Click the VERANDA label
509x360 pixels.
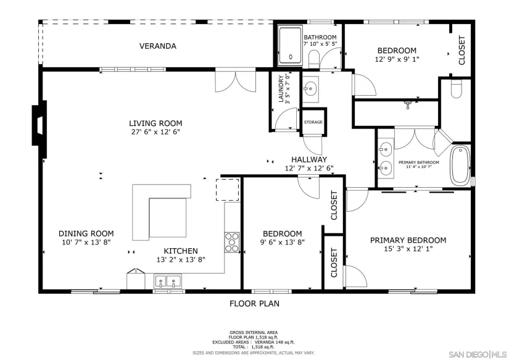coord(158,46)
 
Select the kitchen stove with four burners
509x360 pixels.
coord(232,242)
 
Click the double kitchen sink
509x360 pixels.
coord(168,282)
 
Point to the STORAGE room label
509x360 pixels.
coord(313,122)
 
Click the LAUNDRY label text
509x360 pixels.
coord(281,89)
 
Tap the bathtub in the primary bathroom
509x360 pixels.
coord(460,165)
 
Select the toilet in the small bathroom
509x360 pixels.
coord(314,59)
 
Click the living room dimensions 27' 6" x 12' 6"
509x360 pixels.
coord(155,132)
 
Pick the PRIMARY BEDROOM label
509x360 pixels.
coord(408,240)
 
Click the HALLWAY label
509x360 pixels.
coord(309,159)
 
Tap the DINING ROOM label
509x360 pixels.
coord(86,233)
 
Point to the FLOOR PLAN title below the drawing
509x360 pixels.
coord(254,303)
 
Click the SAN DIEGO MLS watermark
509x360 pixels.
coord(478,354)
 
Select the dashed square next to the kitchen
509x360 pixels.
coord(228,190)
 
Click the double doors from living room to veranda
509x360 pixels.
coord(236,82)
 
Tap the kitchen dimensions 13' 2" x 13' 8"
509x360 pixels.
coord(181,259)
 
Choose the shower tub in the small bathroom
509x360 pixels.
coord(290,46)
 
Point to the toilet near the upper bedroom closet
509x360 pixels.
coord(457,89)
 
